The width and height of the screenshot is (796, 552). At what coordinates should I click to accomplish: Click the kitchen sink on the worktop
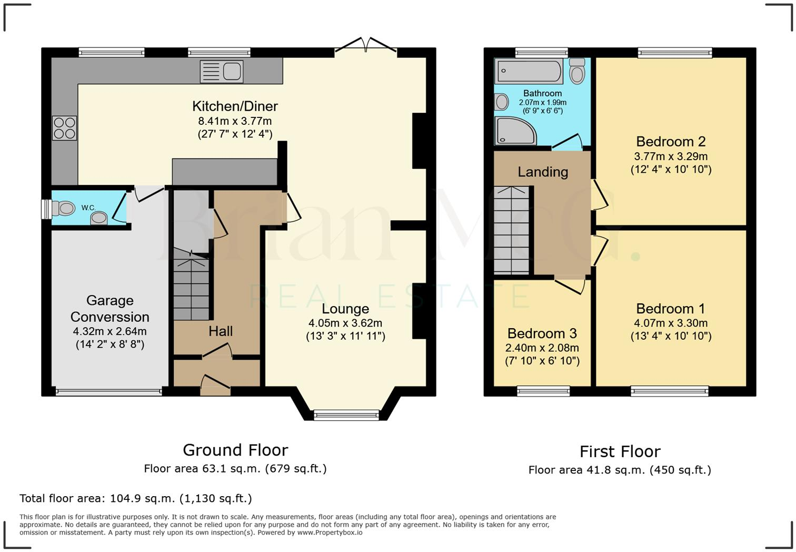click(x=222, y=72)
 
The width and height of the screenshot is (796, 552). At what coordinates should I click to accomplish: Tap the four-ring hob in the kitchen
click(x=64, y=128)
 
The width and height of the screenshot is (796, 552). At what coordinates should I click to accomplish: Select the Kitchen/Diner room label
click(x=235, y=106)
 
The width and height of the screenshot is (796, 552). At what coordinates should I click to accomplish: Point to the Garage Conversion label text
click(x=110, y=309)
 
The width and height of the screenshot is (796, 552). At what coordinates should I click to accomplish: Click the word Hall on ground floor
click(x=220, y=331)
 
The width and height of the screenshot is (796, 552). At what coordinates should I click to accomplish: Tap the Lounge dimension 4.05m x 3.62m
click(x=345, y=323)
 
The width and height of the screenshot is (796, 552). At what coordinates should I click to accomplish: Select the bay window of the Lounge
click(x=346, y=415)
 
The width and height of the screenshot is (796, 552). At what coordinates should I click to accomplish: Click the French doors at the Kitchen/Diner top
click(x=365, y=46)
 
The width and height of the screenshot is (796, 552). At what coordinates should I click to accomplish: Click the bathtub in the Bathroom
click(x=529, y=71)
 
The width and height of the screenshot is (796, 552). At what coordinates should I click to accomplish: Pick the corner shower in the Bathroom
click(x=514, y=131)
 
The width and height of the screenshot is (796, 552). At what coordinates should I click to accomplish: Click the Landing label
click(x=543, y=172)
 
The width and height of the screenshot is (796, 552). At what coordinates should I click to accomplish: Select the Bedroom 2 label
click(x=671, y=142)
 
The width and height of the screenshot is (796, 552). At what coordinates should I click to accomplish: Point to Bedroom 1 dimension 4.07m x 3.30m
click(x=671, y=323)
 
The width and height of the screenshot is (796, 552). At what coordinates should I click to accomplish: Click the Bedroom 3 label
click(x=542, y=333)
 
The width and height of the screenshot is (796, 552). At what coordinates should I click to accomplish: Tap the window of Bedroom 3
click(x=543, y=391)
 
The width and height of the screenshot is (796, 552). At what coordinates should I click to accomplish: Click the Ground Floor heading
click(x=235, y=450)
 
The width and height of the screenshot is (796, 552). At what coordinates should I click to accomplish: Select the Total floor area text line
click(x=136, y=498)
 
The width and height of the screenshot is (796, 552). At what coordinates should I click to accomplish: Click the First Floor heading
click(x=620, y=452)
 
